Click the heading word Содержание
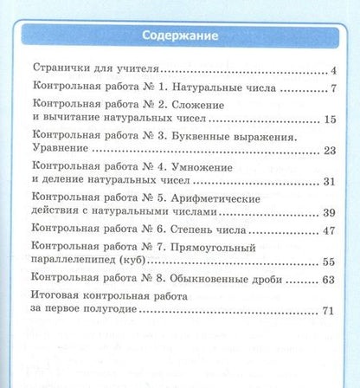180,36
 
